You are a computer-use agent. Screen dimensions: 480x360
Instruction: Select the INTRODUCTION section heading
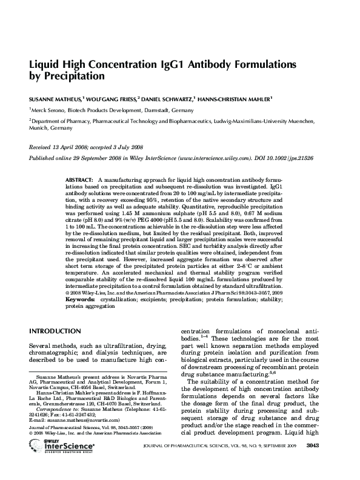pos(55,331)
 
